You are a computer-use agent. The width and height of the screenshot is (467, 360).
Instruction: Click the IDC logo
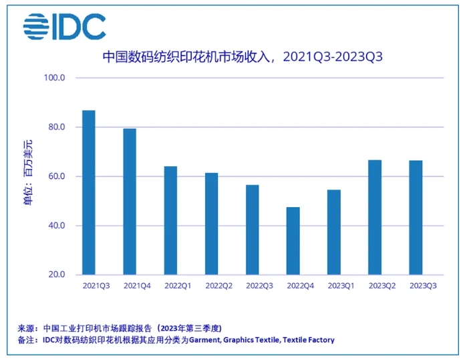click(x=64, y=26)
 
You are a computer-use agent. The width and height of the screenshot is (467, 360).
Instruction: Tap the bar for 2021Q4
click(x=130, y=201)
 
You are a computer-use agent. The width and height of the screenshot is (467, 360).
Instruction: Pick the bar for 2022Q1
click(x=170, y=220)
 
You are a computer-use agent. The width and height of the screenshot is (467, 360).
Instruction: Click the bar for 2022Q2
click(x=211, y=224)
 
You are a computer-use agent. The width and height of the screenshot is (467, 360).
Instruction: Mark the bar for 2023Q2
click(x=374, y=217)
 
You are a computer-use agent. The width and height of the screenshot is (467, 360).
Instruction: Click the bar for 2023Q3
click(x=415, y=217)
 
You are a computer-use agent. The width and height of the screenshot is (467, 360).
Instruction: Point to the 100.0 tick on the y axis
click(x=53, y=78)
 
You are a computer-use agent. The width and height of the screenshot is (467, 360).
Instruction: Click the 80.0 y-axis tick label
click(x=55, y=128)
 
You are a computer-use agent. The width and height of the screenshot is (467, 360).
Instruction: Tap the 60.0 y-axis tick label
click(x=55, y=177)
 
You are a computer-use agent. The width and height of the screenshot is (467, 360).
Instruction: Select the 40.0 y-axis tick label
click(x=55, y=226)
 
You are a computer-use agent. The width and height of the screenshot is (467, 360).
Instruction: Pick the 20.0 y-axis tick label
click(x=55, y=275)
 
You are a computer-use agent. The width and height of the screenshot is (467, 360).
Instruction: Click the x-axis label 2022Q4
click(x=300, y=286)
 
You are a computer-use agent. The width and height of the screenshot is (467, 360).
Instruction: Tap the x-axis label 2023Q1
click(x=341, y=286)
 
